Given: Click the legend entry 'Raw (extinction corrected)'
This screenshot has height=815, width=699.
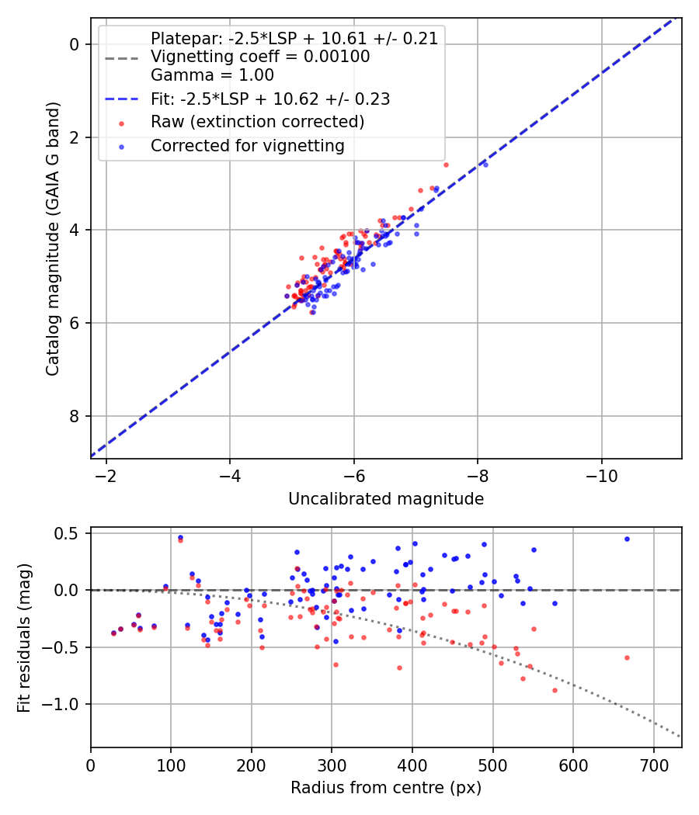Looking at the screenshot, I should click(x=257, y=122).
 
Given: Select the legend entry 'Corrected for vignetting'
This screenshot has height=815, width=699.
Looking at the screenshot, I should click(x=247, y=145).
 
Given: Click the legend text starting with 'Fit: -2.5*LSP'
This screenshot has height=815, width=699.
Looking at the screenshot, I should click(x=270, y=99).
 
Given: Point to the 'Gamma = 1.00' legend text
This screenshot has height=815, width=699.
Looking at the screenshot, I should click(x=212, y=75).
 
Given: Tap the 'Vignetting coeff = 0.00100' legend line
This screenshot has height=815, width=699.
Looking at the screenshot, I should click(x=260, y=57).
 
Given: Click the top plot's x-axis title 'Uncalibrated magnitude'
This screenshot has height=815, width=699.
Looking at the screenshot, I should click(x=386, y=499).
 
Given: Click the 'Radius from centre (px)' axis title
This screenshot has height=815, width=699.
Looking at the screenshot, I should click(x=386, y=788).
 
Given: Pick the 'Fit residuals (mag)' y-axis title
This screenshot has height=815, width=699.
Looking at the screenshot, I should click(x=25, y=638).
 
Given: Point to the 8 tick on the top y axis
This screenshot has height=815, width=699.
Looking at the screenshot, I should click(x=75, y=416).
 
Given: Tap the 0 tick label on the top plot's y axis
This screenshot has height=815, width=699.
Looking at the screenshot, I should click(x=75, y=44).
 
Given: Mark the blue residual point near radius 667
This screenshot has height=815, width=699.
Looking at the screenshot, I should click(x=627, y=539).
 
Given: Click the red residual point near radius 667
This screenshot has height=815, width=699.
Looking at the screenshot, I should click(x=627, y=657).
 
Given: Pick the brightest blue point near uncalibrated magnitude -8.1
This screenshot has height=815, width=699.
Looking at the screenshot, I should click(x=485, y=165).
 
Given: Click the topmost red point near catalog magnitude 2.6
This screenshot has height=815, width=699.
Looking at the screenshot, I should click(x=446, y=165).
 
